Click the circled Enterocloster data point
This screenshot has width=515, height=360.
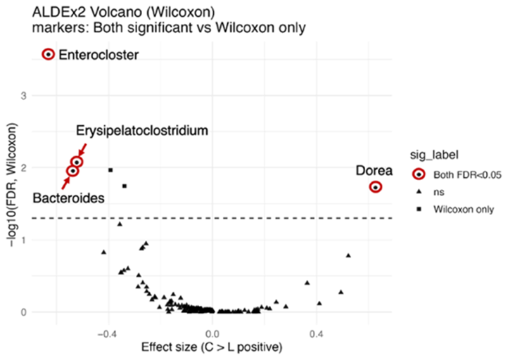(49, 54)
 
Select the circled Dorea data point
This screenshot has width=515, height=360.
(376, 187)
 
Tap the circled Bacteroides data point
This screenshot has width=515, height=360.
(72, 171)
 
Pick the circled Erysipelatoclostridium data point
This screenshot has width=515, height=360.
(77, 162)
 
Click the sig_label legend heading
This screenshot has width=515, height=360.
(435, 153)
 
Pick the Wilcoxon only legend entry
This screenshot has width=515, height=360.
(463, 209)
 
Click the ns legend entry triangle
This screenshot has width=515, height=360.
(419, 192)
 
